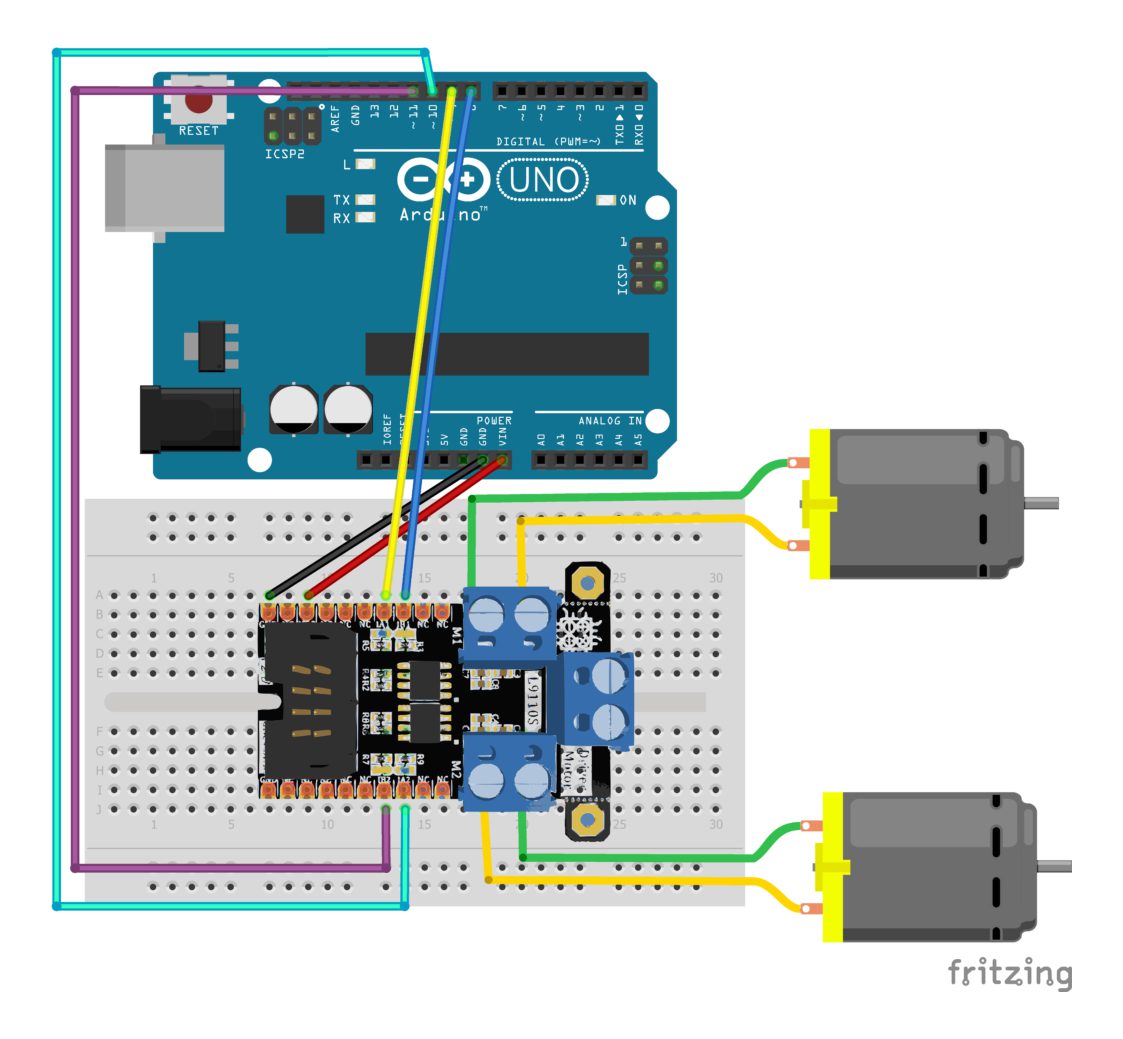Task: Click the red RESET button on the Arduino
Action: coord(199,101)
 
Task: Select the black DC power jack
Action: coord(191,419)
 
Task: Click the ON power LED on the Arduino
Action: coord(605,200)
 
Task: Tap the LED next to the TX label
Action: coord(365,200)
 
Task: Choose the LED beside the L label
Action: coord(365,164)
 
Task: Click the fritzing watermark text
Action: coord(1009,972)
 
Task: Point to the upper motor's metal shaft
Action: coord(1041,500)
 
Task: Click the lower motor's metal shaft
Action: coord(1055,865)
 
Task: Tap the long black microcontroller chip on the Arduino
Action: coord(507,354)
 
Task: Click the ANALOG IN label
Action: coord(608,421)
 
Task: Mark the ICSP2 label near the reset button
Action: coord(285,155)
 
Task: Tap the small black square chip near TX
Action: coord(304,214)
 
